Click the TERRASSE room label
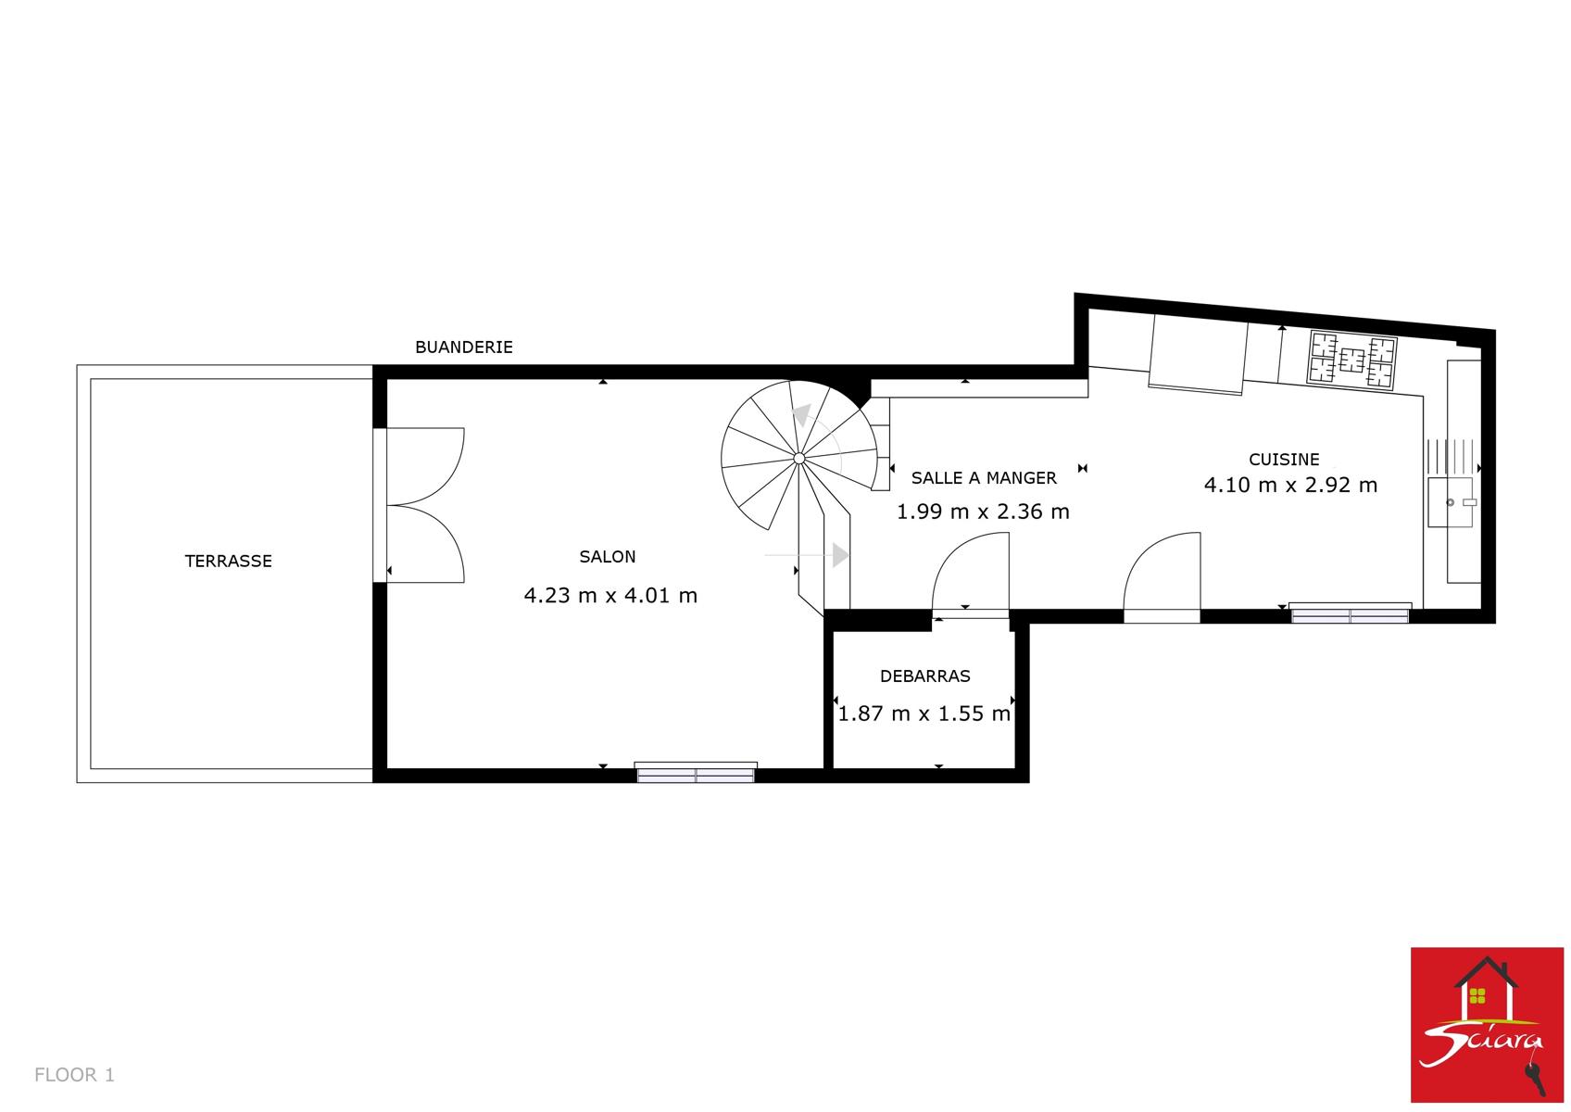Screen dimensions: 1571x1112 point(228,561)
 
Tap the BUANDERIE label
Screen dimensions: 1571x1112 point(463,347)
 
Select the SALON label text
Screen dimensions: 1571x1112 point(608,556)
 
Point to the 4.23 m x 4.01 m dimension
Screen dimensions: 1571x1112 point(610,595)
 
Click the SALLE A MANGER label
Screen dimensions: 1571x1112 point(984,478)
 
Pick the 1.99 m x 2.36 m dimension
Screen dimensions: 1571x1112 point(983,512)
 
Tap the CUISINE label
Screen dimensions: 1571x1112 point(1284,460)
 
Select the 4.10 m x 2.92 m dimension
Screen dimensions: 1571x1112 point(1290,485)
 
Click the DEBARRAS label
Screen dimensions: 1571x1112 point(925,676)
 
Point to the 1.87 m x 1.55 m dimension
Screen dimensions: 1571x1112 point(924,714)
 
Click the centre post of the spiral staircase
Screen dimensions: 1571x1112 point(798,458)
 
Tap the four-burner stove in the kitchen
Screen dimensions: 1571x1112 point(1351,360)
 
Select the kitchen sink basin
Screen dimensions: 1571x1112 point(1451,501)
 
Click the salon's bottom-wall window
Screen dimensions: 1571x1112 point(695,773)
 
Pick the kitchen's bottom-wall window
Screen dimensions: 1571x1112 point(1351,613)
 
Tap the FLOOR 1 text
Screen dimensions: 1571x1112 point(74,1074)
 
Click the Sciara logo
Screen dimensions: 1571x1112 point(1487,1024)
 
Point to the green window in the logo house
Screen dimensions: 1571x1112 point(1477,995)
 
